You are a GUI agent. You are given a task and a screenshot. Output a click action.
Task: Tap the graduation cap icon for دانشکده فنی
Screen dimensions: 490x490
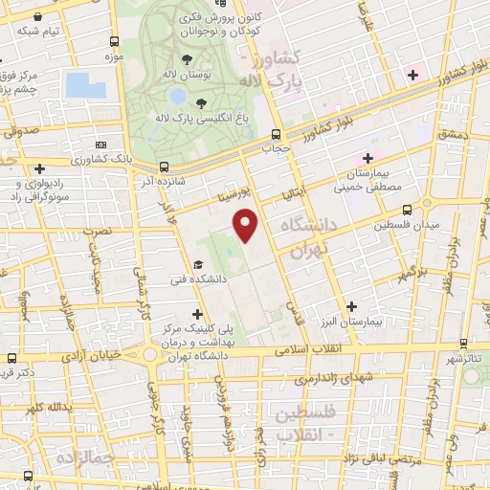[x=198, y=265]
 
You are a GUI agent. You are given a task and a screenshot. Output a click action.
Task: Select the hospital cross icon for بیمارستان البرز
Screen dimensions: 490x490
[x=352, y=307]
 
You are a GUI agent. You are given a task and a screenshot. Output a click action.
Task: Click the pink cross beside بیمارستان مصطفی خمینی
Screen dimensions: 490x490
[x=367, y=158]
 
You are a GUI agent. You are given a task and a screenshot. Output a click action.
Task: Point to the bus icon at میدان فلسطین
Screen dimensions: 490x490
[x=408, y=209]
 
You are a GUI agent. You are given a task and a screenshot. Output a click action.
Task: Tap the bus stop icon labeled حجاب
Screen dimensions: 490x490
[x=276, y=134]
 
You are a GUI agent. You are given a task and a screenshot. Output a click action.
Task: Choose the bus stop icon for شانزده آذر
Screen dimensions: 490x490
[x=163, y=165]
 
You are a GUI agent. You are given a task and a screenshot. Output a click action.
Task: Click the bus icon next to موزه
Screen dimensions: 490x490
[x=115, y=42]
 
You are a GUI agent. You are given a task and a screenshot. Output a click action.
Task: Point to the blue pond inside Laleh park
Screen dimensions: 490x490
[x=177, y=96]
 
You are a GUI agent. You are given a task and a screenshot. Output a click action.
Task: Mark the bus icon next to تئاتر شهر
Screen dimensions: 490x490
[x=463, y=342]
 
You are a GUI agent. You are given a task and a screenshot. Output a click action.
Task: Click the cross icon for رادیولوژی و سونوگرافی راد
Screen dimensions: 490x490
[x=38, y=169]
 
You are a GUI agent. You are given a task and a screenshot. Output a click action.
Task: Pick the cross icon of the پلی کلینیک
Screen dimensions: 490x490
[x=198, y=313]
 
